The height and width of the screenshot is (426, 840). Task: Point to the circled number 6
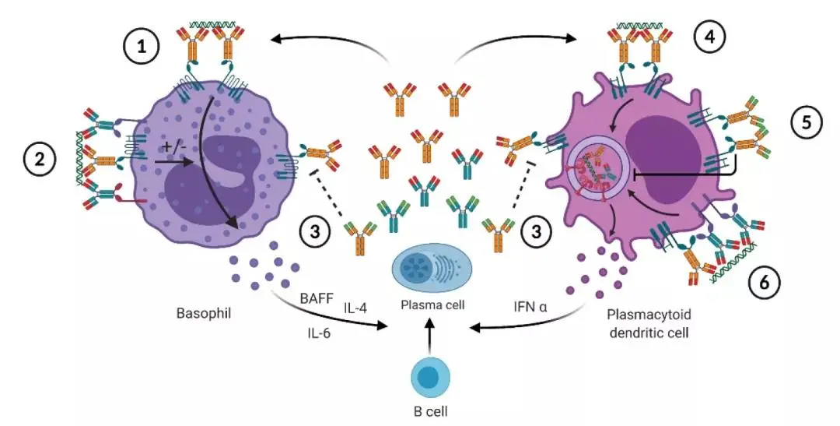(x=765, y=283)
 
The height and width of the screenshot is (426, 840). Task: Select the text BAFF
(x=315, y=297)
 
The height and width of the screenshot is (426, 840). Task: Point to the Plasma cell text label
(x=433, y=305)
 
